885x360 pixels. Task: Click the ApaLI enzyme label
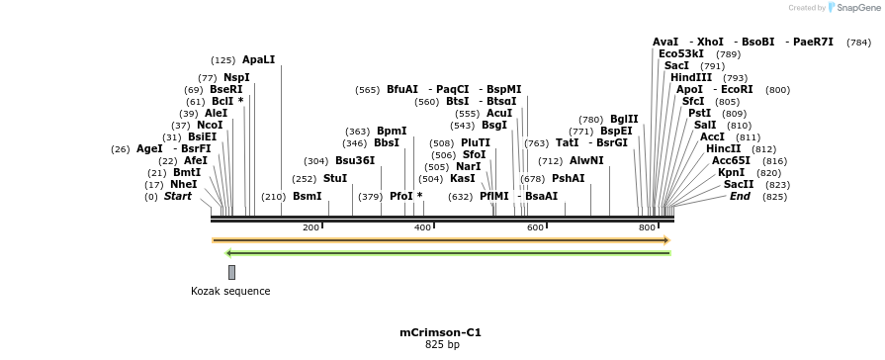[258, 60]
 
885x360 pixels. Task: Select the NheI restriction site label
[183, 184]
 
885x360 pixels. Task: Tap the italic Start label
[178, 196]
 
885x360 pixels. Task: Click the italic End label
[740, 196]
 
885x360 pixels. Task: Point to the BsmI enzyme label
[307, 196]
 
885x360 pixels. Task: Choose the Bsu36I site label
[355, 160]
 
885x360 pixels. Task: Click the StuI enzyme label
[335, 178]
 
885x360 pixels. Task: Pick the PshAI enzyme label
[568, 178]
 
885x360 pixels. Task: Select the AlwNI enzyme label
[586, 160]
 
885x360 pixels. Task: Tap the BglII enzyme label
[624, 119]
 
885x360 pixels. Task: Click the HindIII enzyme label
[691, 77]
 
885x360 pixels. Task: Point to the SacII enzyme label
[739, 184]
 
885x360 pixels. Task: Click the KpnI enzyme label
[731, 172]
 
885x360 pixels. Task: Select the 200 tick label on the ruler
[310, 227]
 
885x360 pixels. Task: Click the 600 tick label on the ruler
[535, 227]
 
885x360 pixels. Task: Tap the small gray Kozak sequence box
[231, 272]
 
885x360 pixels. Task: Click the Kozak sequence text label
[230, 291]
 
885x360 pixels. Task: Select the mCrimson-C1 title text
[441, 332]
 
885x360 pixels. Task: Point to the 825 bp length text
[442, 345]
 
